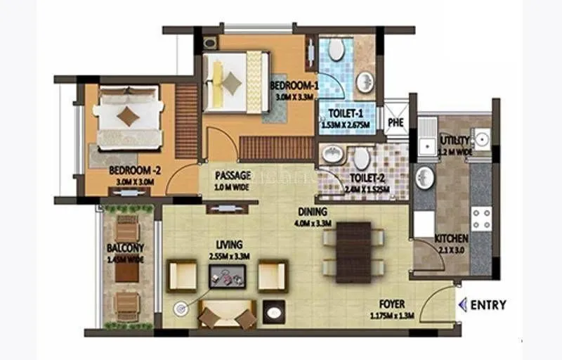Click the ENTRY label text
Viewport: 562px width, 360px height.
(x=488, y=304)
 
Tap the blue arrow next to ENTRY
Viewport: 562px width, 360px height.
(x=462, y=304)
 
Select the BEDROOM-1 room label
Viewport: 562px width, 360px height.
(x=294, y=85)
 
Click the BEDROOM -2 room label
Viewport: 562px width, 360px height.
(x=132, y=170)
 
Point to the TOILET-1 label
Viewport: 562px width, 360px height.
(x=341, y=112)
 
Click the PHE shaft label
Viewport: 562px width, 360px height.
(x=395, y=122)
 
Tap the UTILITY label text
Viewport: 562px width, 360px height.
(x=455, y=140)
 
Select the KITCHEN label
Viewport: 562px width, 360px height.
(x=451, y=238)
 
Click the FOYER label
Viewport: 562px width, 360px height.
(x=391, y=304)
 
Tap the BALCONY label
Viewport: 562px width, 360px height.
(x=125, y=247)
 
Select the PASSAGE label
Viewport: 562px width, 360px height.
(x=233, y=175)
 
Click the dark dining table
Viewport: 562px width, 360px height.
(x=353, y=252)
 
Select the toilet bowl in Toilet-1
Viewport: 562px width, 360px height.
(x=336, y=49)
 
